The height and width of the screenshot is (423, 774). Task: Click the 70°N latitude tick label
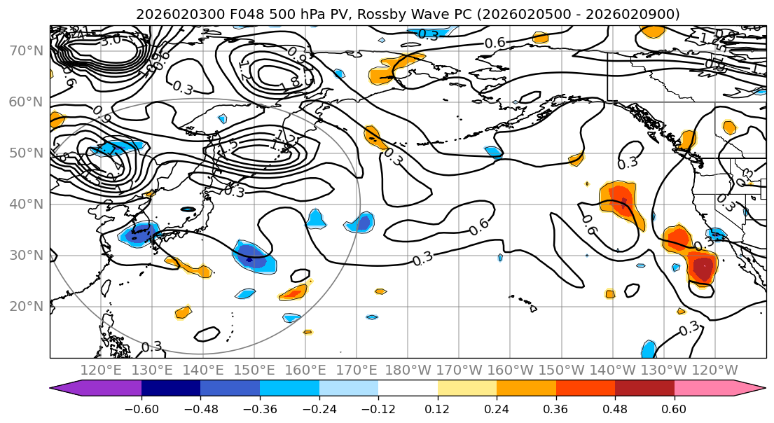pyautogui.click(x=27, y=50)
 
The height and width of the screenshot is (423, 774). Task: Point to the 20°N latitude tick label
pyautogui.click(x=27, y=306)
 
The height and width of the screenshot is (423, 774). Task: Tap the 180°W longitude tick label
pyautogui.click(x=408, y=370)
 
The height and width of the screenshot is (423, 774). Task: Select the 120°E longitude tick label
pyautogui.click(x=102, y=370)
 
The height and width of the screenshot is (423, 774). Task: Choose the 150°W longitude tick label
pyautogui.click(x=561, y=370)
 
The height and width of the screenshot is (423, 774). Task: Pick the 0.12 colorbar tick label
pyautogui.click(x=437, y=409)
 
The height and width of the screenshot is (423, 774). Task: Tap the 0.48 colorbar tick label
pyautogui.click(x=615, y=409)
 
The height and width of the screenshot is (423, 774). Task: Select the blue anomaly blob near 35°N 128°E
pyautogui.click(x=140, y=233)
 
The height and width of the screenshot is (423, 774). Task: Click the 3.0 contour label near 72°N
pyautogui.click(x=110, y=40)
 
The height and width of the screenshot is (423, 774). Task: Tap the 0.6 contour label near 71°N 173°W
pyautogui.click(x=495, y=43)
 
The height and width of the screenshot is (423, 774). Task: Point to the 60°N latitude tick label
pyautogui.click(x=27, y=102)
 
